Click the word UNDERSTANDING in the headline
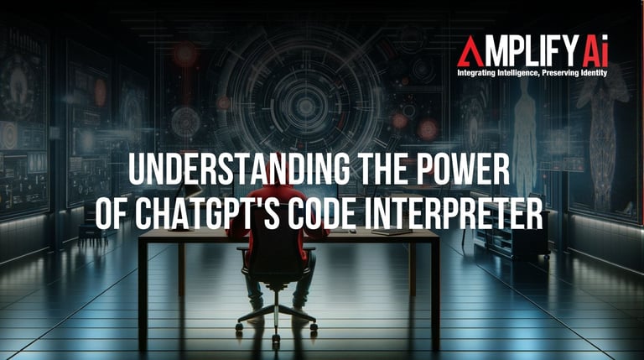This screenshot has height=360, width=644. pyautogui.click(x=238, y=169)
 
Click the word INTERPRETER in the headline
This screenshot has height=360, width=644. pyautogui.click(x=454, y=213)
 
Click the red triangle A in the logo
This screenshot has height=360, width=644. pyautogui.click(x=470, y=51)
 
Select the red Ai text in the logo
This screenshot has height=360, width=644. pyautogui.click(x=595, y=51)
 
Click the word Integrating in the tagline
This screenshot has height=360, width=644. pyautogui.click(x=476, y=73)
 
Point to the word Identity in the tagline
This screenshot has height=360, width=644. pyautogui.click(x=594, y=73)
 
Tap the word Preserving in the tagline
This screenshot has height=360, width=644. pyautogui.click(x=561, y=73)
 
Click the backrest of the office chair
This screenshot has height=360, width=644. pyautogui.click(x=276, y=247)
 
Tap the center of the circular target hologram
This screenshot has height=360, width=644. pyautogui.click(x=305, y=106)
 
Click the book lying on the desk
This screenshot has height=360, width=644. pyautogui.click(x=392, y=232)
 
